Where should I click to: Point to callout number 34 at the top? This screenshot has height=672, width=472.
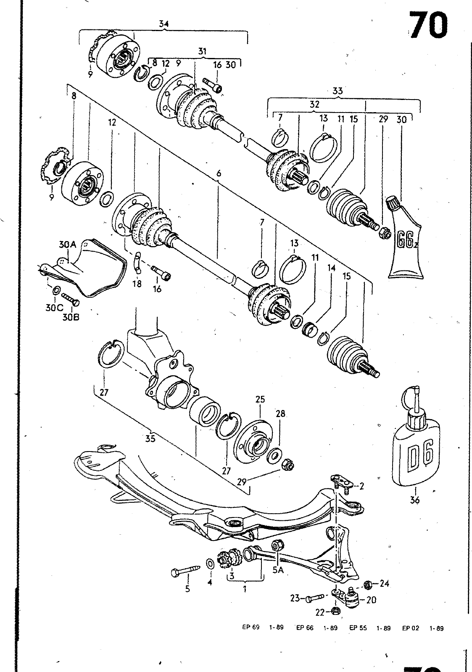tap(163, 24)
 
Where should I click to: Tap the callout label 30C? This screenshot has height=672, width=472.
tap(54, 307)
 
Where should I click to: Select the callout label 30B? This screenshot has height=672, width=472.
tap(71, 317)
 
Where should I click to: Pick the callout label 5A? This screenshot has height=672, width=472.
tap(278, 570)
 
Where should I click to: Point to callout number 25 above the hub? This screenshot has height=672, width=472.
tap(260, 399)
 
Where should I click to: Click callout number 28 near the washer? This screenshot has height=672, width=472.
tap(280, 413)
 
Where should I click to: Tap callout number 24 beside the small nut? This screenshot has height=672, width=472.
tap(385, 583)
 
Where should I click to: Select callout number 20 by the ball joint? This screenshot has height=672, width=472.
tap(371, 600)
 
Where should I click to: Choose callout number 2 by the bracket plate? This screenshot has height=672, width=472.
tap(361, 486)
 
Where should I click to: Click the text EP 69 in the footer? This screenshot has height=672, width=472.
tap(251, 628)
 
